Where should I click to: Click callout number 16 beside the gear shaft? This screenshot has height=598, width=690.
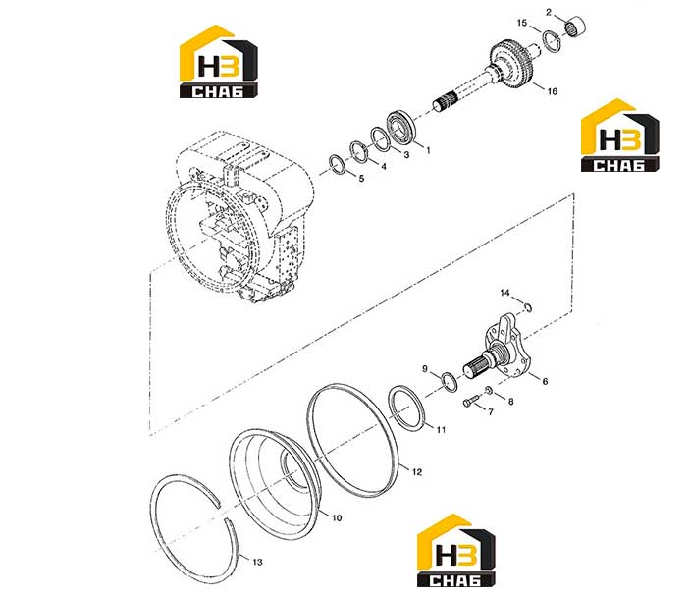(x=552, y=91)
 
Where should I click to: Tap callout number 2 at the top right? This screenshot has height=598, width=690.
(x=549, y=13)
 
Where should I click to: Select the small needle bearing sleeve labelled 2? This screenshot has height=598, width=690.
(x=575, y=27)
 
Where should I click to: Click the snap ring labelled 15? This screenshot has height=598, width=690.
(x=552, y=42)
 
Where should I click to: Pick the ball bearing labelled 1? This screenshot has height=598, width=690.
(x=400, y=128)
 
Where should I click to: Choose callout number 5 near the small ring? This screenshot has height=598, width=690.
(x=362, y=179)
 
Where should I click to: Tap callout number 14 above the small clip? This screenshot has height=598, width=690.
(x=504, y=293)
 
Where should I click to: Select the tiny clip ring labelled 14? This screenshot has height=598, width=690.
(x=528, y=307)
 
